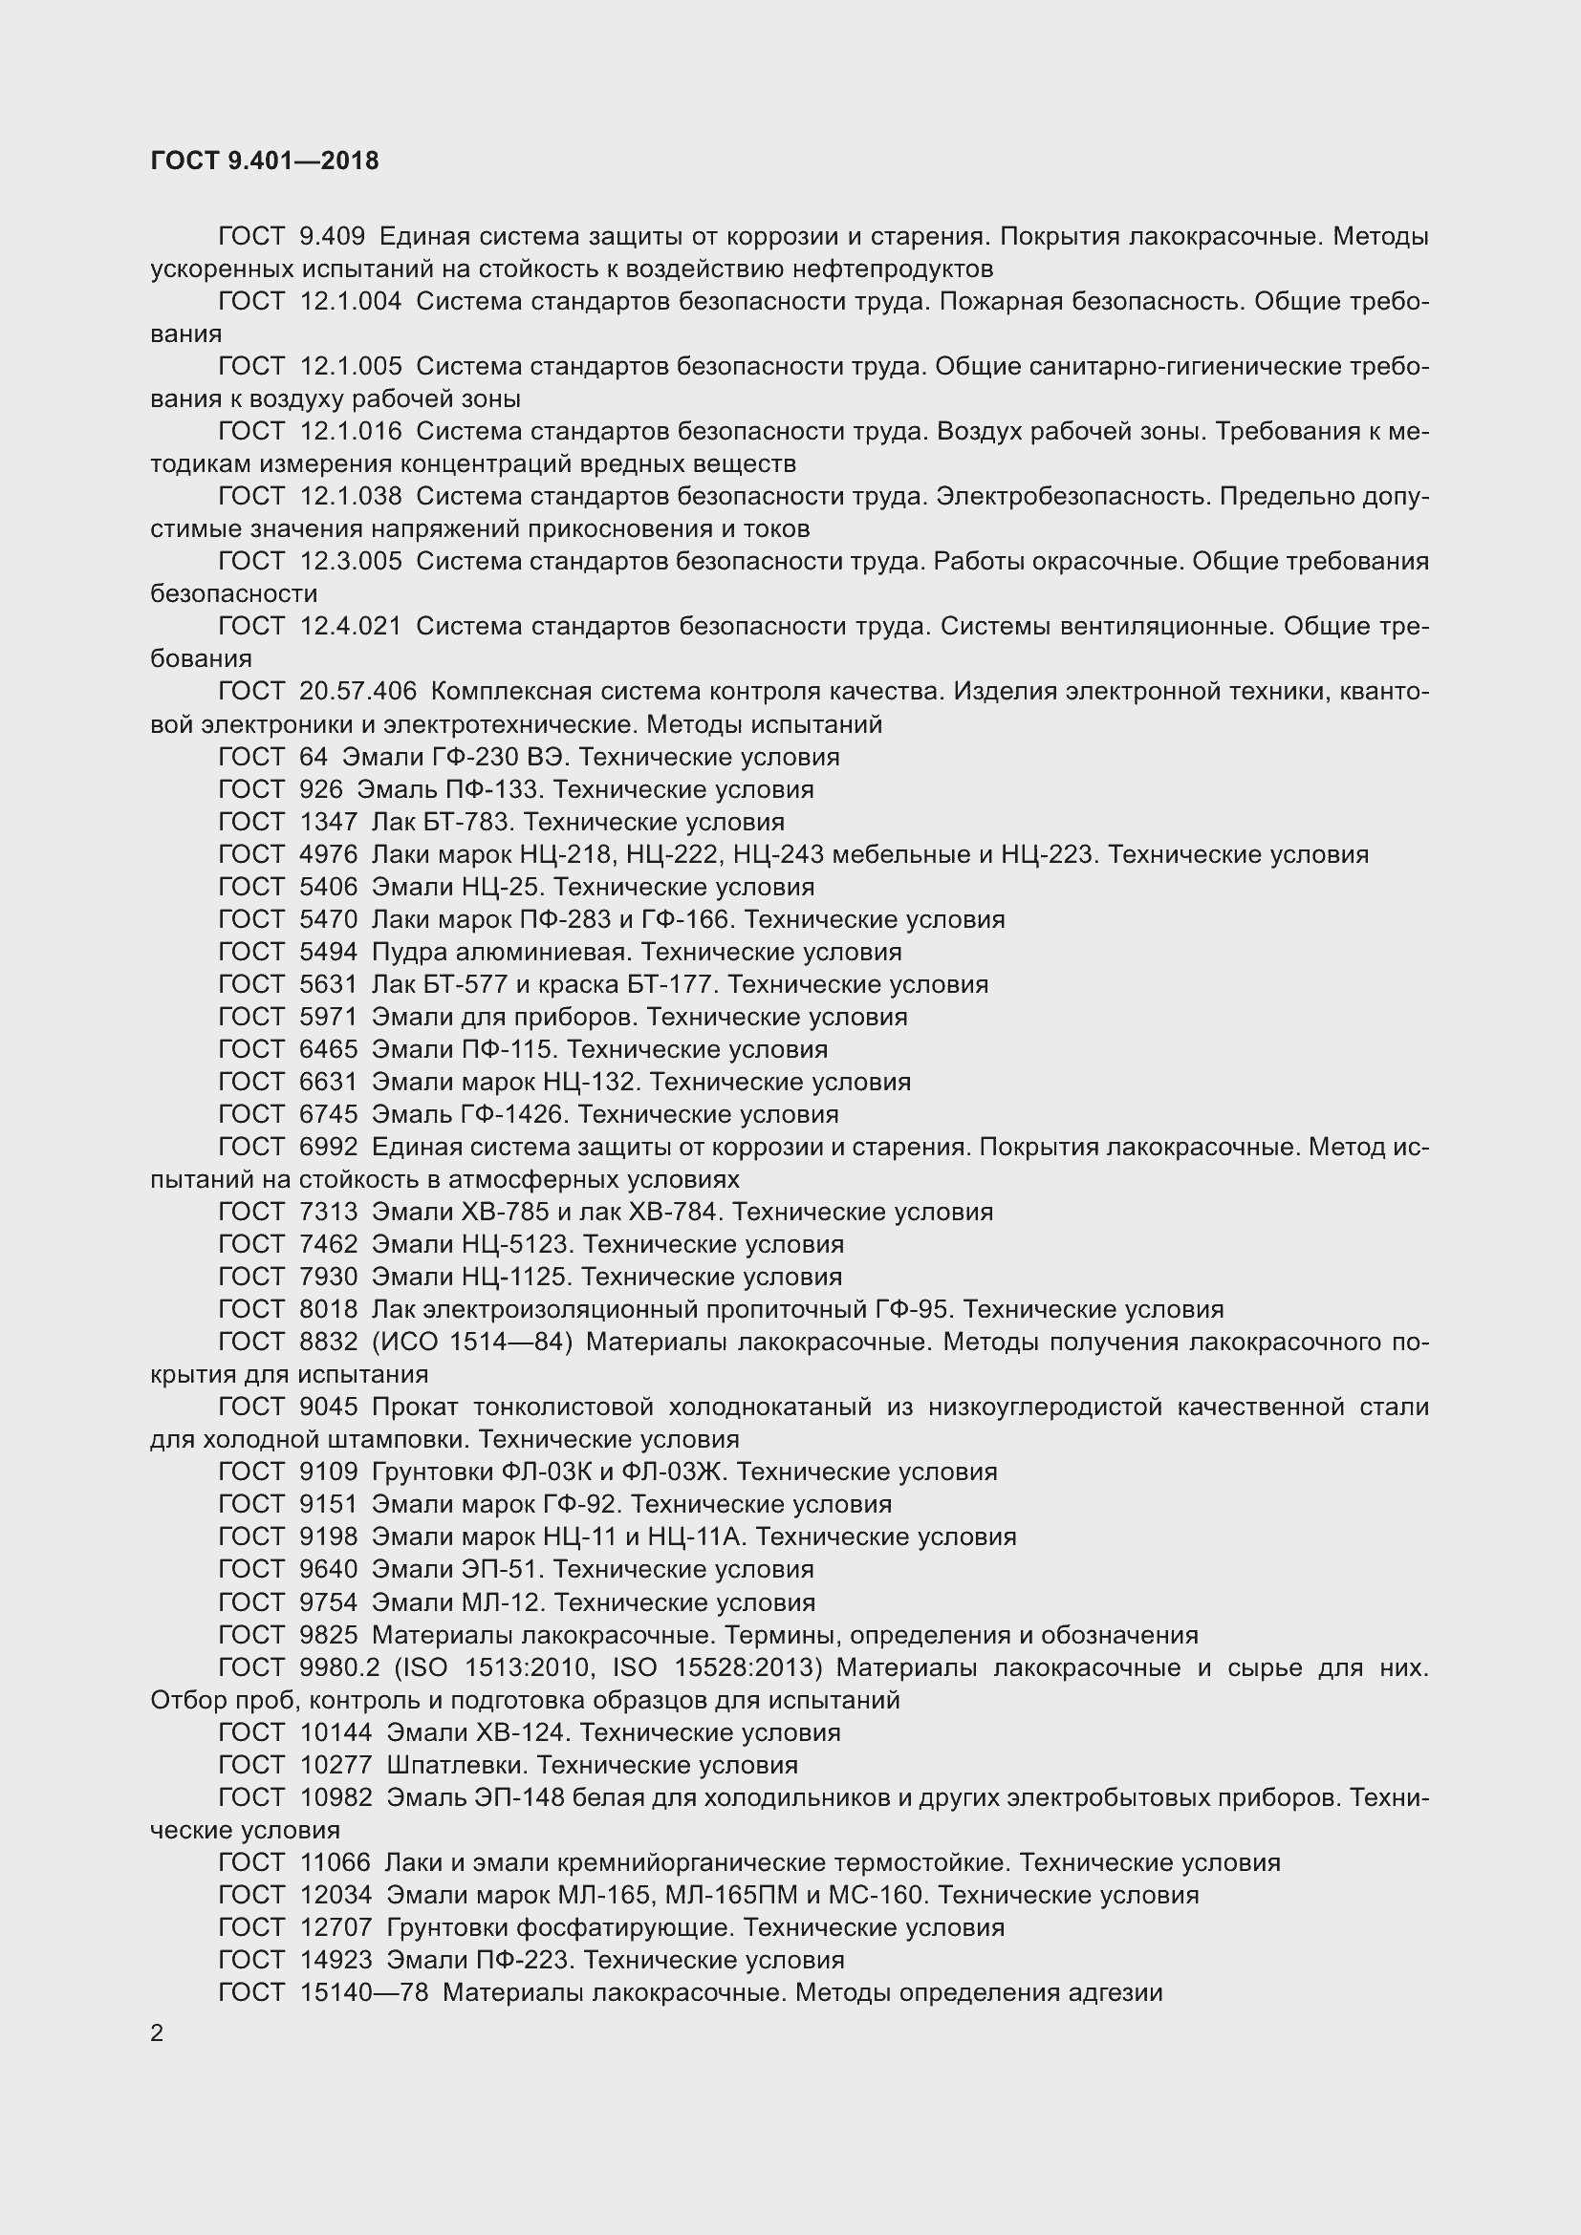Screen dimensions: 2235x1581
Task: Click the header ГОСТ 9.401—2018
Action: click(x=265, y=161)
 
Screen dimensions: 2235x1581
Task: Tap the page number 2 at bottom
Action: click(x=157, y=2033)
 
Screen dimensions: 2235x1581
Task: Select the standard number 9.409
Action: click(x=332, y=237)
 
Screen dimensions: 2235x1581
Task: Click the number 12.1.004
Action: click(x=351, y=302)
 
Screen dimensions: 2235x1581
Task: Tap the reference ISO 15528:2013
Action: click(x=718, y=1667)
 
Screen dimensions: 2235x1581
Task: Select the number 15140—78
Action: click(x=363, y=1991)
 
